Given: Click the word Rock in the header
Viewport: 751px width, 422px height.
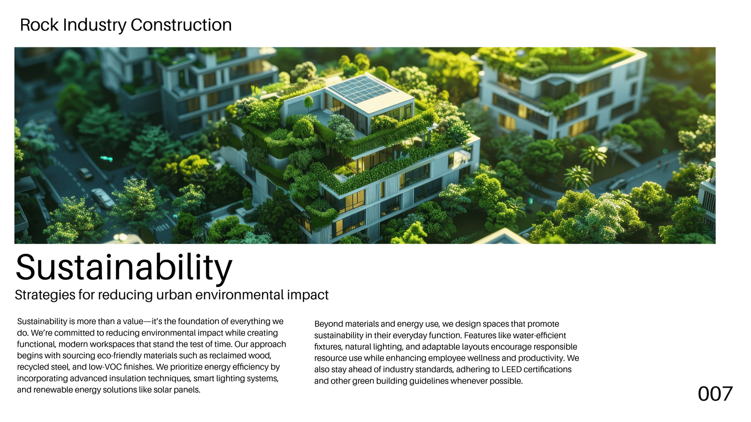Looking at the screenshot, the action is point(39,25).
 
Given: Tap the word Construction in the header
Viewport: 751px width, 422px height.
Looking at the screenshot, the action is point(181,25).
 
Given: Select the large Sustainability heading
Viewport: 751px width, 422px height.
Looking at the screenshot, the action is point(124,268).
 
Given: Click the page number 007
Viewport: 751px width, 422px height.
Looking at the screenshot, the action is point(715,394).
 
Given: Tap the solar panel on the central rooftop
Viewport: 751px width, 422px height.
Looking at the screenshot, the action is point(360,89).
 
